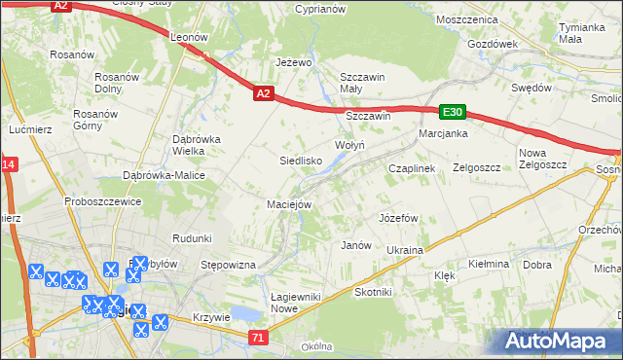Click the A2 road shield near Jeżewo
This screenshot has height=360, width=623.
[x=264, y=93]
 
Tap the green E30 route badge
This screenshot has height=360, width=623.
[x=453, y=112]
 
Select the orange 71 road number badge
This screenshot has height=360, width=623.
[x=257, y=338]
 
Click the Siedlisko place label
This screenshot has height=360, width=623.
[x=301, y=161]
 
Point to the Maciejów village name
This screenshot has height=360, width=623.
[x=289, y=204]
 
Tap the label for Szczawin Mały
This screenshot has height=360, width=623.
[x=363, y=84]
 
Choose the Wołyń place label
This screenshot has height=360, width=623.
[x=349, y=145]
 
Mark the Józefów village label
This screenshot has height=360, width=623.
[x=398, y=217]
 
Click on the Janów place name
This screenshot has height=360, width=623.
[x=356, y=245]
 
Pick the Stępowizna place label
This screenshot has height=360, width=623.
[x=227, y=265]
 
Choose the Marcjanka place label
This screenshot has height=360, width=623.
[x=444, y=133]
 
